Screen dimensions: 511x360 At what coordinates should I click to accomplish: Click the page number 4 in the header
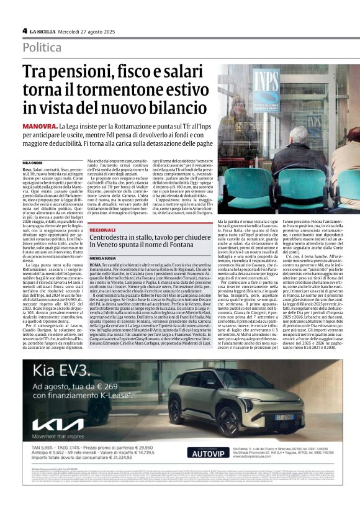pyautogui.click(x=24, y=30)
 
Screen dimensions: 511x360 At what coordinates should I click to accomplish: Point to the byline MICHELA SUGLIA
pyautogui.click(x=104, y=240)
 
